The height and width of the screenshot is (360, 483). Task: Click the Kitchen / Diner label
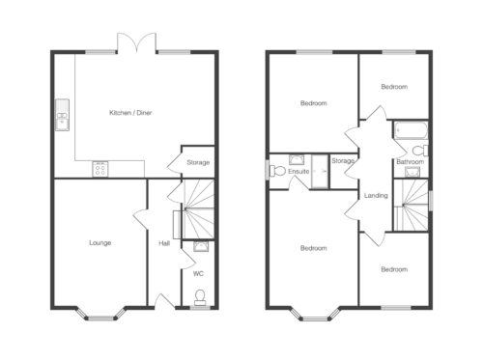coord(130,113)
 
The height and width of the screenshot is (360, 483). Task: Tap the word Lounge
coord(100,242)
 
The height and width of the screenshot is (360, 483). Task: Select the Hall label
coord(164,243)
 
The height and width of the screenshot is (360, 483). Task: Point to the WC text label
coord(198,274)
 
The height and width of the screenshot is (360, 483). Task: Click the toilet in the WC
coord(200,297)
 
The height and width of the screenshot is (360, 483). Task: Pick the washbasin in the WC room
coord(201,246)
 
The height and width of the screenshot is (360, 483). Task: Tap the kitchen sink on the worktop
coord(62,115)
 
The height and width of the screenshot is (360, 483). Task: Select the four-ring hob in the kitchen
coord(100,169)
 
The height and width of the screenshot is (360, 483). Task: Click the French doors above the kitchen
coord(137,42)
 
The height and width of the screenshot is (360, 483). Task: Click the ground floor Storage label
coord(198,162)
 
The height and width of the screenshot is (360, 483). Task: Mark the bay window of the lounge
coord(100,314)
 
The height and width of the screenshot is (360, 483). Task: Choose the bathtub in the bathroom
coord(411,130)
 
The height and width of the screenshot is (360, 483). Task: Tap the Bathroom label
coord(410,161)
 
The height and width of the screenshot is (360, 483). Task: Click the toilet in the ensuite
coord(278,171)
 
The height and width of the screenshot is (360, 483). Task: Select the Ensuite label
coord(298,172)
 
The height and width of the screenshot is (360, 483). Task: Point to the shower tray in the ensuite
coord(320,172)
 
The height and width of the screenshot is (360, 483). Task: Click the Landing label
coord(376,195)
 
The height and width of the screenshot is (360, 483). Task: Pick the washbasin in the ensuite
coord(297,160)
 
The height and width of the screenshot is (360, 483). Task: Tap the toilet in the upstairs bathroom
coord(420,151)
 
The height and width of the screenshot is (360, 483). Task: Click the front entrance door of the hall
coord(165,301)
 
